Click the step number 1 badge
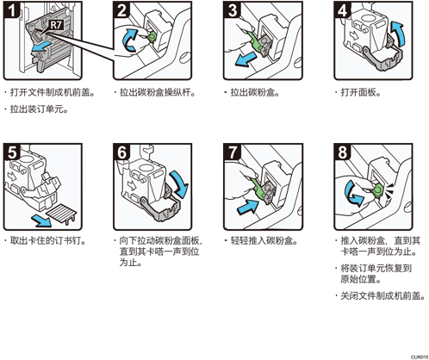[x=11, y=10]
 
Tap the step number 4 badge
[x=342, y=9]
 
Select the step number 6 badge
[x=121, y=152]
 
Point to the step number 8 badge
[x=342, y=152]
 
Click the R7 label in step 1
[x=56, y=25]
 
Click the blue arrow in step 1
[x=42, y=47]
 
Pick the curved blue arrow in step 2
[x=130, y=40]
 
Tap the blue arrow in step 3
[x=245, y=59]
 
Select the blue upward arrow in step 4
[x=398, y=33]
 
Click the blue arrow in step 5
[x=41, y=220]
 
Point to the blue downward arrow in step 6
[x=180, y=183]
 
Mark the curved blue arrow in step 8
[x=352, y=193]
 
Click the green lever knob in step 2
[x=152, y=36]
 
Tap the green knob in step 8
[x=377, y=190]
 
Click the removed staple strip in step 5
[x=61, y=214]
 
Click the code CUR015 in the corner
[x=420, y=357]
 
